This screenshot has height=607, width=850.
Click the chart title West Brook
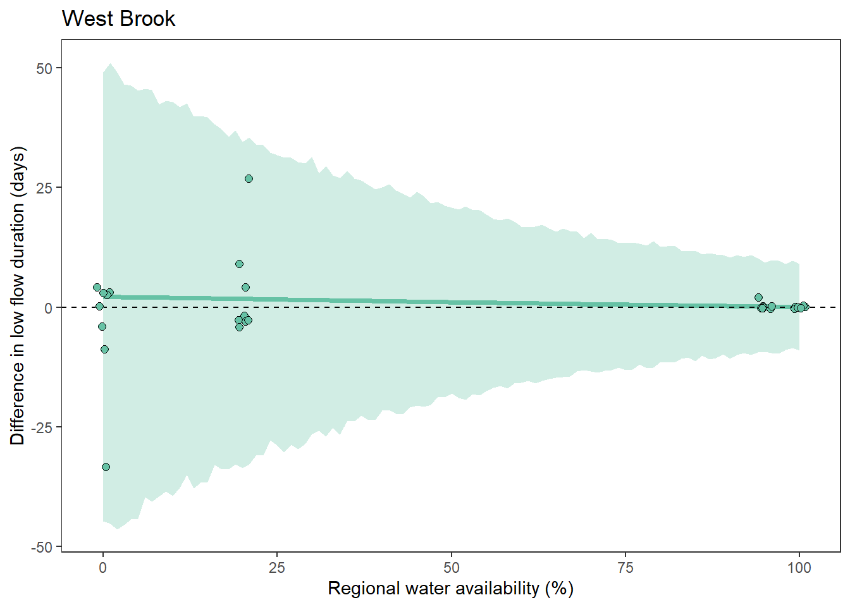tap(118, 19)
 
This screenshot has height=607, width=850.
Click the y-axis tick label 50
tap(44, 68)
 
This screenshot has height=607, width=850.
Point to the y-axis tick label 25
tap(44, 188)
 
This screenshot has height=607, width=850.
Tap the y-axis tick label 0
tap(49, 308)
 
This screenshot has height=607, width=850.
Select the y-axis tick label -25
tap(42, 427)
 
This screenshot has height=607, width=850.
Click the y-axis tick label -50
tap(42, 548)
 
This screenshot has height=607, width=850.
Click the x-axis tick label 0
tap(103, 568)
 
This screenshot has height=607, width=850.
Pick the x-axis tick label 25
tap(277, 568)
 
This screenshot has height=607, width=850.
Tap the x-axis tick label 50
tap(452, 568)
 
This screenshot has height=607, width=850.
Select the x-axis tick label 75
tap(625, 568)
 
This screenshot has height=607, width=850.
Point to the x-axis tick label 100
tap(799, 568)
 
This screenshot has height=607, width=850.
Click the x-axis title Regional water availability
tap(450, 589)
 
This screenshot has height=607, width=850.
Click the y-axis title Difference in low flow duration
tap(18, 296)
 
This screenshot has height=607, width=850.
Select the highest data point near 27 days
tap(249, 179)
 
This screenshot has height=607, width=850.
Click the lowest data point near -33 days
tap(106, 467)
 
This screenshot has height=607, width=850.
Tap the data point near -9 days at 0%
tap(104, 350)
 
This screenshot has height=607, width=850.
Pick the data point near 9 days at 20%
tap(239, 264)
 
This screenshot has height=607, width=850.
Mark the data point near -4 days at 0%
tap(102, 327)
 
